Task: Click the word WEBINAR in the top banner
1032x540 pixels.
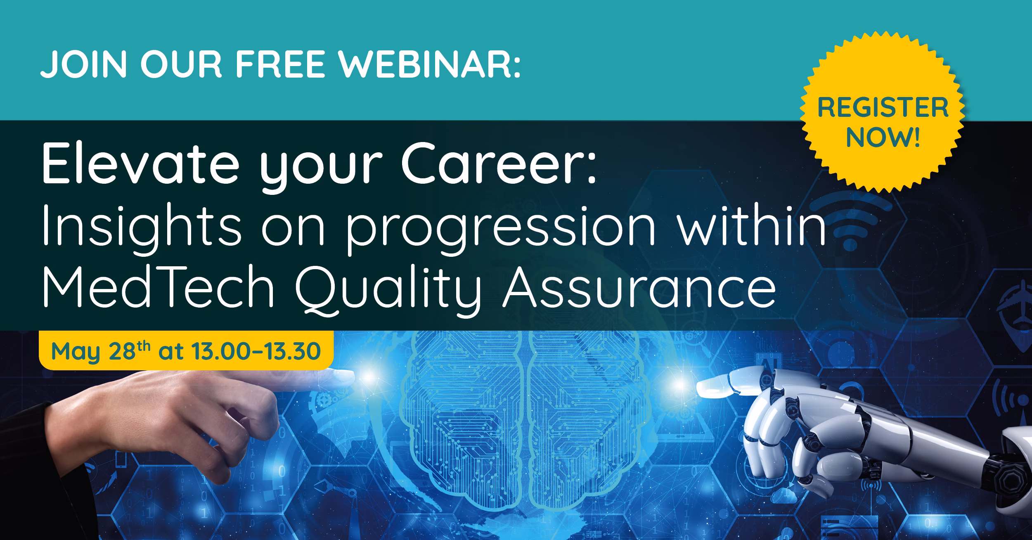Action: [x=430, y=64]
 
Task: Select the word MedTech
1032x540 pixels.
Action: [x=159, y=289]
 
